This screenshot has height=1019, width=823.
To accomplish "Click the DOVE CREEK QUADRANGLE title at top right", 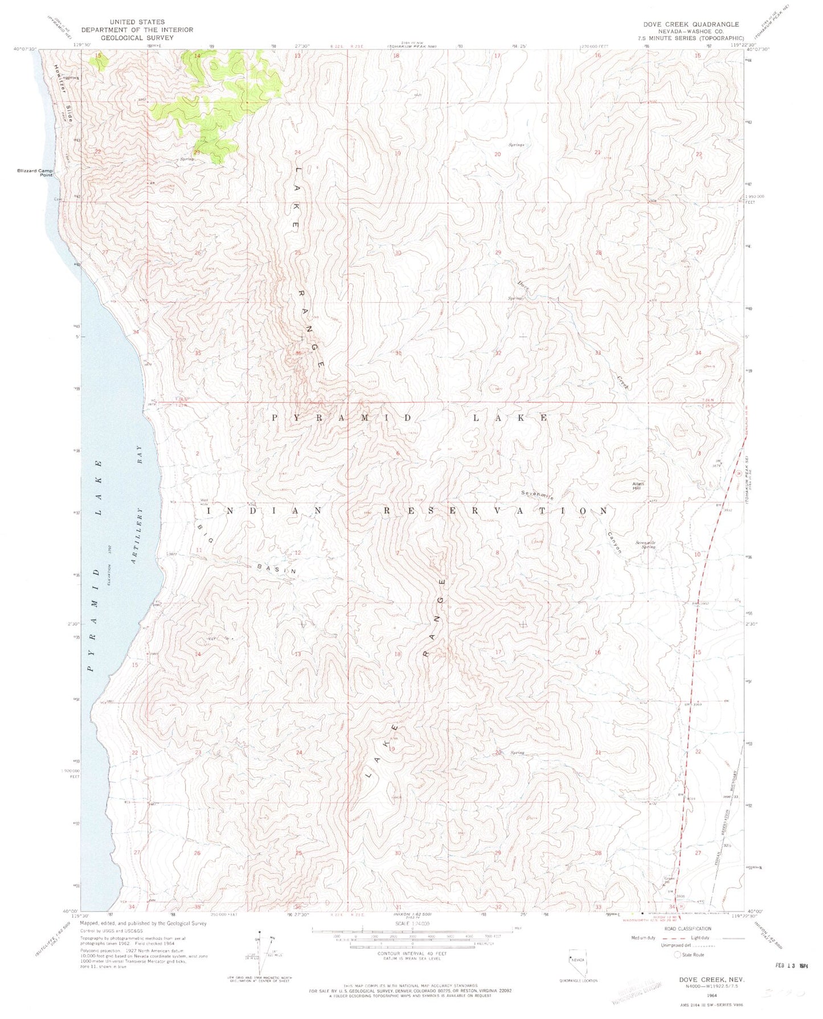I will coord(683,24).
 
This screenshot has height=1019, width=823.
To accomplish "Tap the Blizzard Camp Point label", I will coord(35,172).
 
